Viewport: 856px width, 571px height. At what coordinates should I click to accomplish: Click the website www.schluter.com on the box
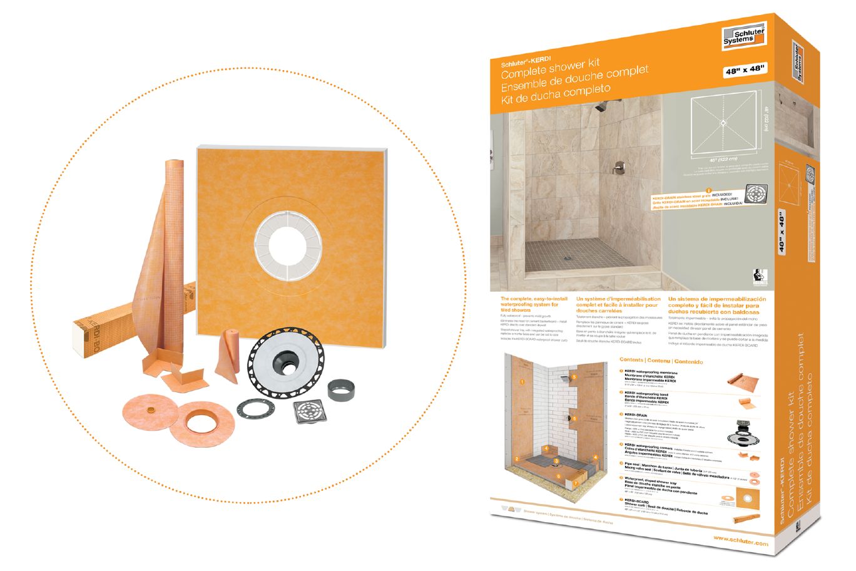coord(740,543)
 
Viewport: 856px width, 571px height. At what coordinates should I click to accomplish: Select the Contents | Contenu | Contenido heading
coord(661,361)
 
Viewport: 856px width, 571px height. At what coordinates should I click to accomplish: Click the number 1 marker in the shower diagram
coord(519,381)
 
